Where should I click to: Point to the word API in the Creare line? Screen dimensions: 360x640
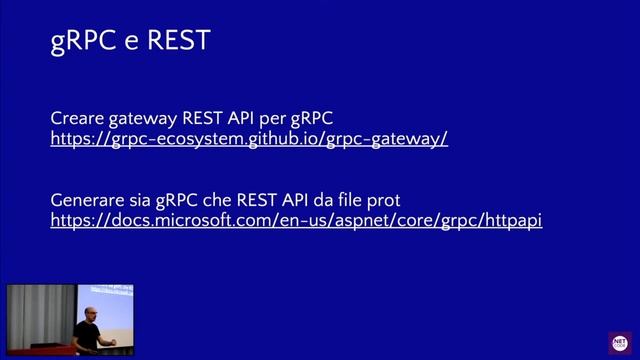261,119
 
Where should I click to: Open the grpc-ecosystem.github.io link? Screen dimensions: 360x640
249,139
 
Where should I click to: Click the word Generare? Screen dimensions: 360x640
88,199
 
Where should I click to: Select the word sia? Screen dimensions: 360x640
148,199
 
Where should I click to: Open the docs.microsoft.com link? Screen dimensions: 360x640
296,219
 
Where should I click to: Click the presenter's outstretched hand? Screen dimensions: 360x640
113,342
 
